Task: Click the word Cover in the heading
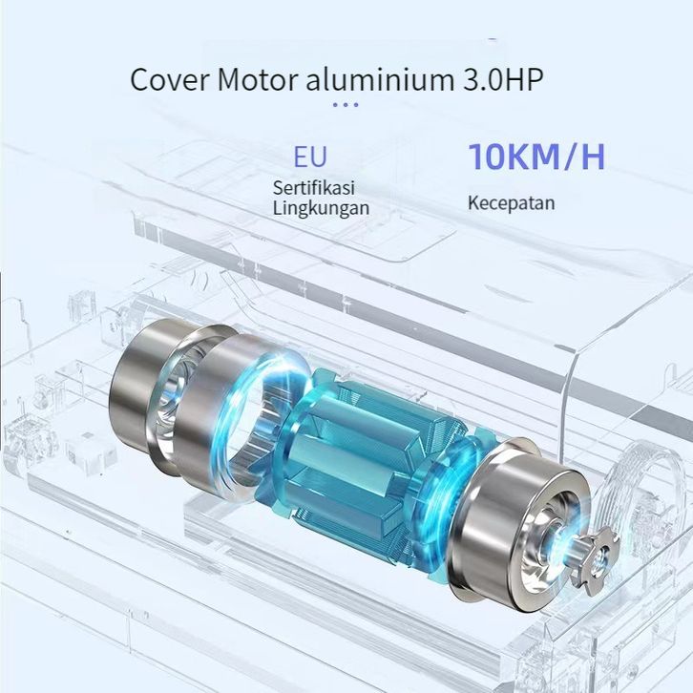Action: click(169, 80)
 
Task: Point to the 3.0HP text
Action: click(503, 80)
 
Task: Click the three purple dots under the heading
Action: click(346, 105)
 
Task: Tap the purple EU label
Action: click(310, 157)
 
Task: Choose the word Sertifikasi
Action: click(314, 187)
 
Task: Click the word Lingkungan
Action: click(321, 208)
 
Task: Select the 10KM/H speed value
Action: click(536, 157)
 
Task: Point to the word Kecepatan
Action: click(512, 203)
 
